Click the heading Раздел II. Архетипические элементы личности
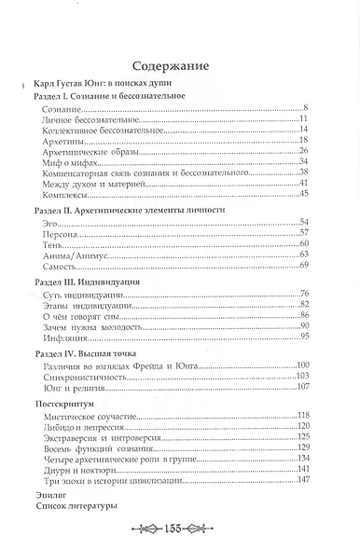119,211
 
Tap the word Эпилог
48,494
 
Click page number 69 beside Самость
302,268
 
